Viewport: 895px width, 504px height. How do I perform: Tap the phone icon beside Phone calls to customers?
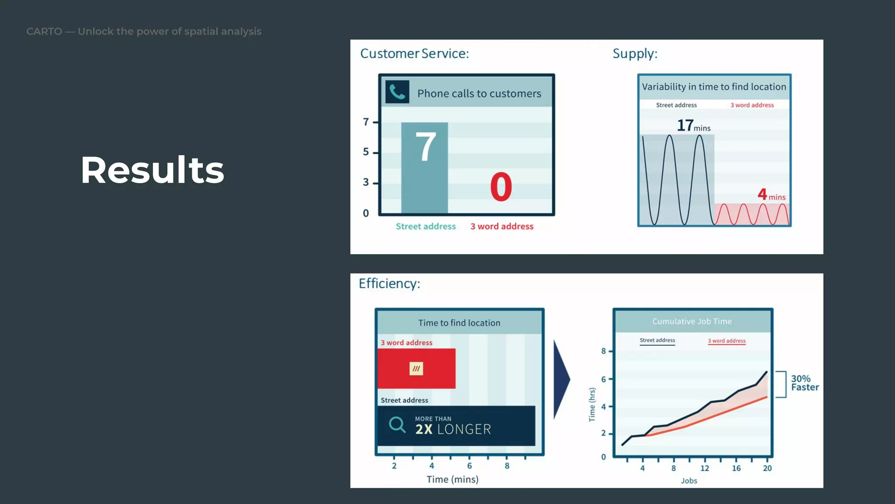397,92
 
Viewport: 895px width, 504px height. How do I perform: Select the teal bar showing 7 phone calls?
424,175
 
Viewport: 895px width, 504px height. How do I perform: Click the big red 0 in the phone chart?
501,187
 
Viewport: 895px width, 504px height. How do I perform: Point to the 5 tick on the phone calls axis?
366,152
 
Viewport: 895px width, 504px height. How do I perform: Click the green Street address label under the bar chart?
426,226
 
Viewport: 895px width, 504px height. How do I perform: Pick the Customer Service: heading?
414,53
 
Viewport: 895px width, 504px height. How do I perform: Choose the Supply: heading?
635,53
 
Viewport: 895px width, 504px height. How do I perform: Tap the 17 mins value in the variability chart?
693,126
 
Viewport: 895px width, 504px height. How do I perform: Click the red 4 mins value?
771,195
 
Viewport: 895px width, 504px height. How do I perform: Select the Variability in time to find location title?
714,87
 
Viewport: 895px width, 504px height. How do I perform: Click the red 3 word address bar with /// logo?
416,368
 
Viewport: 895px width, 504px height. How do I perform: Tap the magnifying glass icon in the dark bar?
397,424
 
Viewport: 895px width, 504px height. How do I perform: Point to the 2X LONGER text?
453,429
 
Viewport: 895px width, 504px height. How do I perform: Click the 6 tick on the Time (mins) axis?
469,465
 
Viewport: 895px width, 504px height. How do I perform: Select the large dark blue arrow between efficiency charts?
560,379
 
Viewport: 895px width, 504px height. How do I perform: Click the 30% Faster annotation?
805,383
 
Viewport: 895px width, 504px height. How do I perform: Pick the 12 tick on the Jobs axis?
704,468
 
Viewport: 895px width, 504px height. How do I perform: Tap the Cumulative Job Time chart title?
692,321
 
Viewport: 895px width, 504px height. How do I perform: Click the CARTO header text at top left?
143,31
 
